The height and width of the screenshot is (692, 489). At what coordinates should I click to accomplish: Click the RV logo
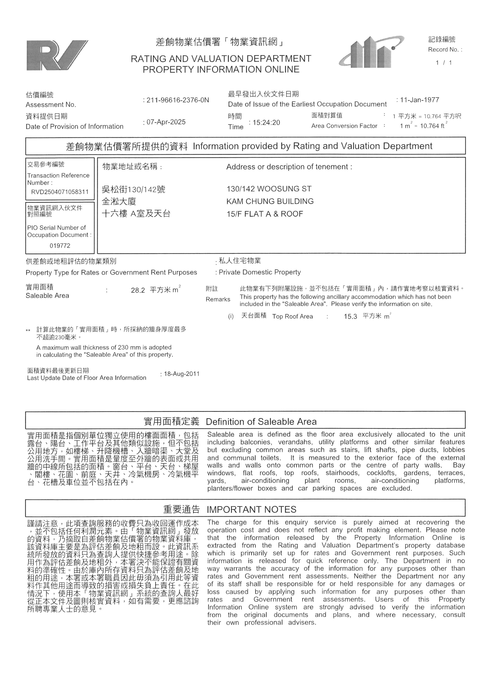point(57,55)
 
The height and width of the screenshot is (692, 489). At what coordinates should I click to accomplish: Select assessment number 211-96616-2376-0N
point(178,100)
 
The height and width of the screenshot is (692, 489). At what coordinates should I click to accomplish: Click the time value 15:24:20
point(266,122)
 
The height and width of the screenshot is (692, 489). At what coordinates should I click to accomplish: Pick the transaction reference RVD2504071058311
point(60,192)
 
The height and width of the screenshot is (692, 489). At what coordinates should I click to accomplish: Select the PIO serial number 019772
point(60,246)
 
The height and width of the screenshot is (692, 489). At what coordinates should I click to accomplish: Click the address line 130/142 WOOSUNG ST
point(269,189)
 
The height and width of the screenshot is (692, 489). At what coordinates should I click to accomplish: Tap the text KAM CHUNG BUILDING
point(270,201)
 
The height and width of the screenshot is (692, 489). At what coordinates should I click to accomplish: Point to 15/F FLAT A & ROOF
point(265,214)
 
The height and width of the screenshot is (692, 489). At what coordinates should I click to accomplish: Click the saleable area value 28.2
point(138,290)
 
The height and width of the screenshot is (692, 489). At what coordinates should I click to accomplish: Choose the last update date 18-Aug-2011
point(182,374)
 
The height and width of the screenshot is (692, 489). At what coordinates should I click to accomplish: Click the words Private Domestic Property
point(259,272)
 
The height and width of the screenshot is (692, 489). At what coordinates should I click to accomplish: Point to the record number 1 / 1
point(443,63)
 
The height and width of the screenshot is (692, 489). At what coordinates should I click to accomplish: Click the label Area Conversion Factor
point(344,126)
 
